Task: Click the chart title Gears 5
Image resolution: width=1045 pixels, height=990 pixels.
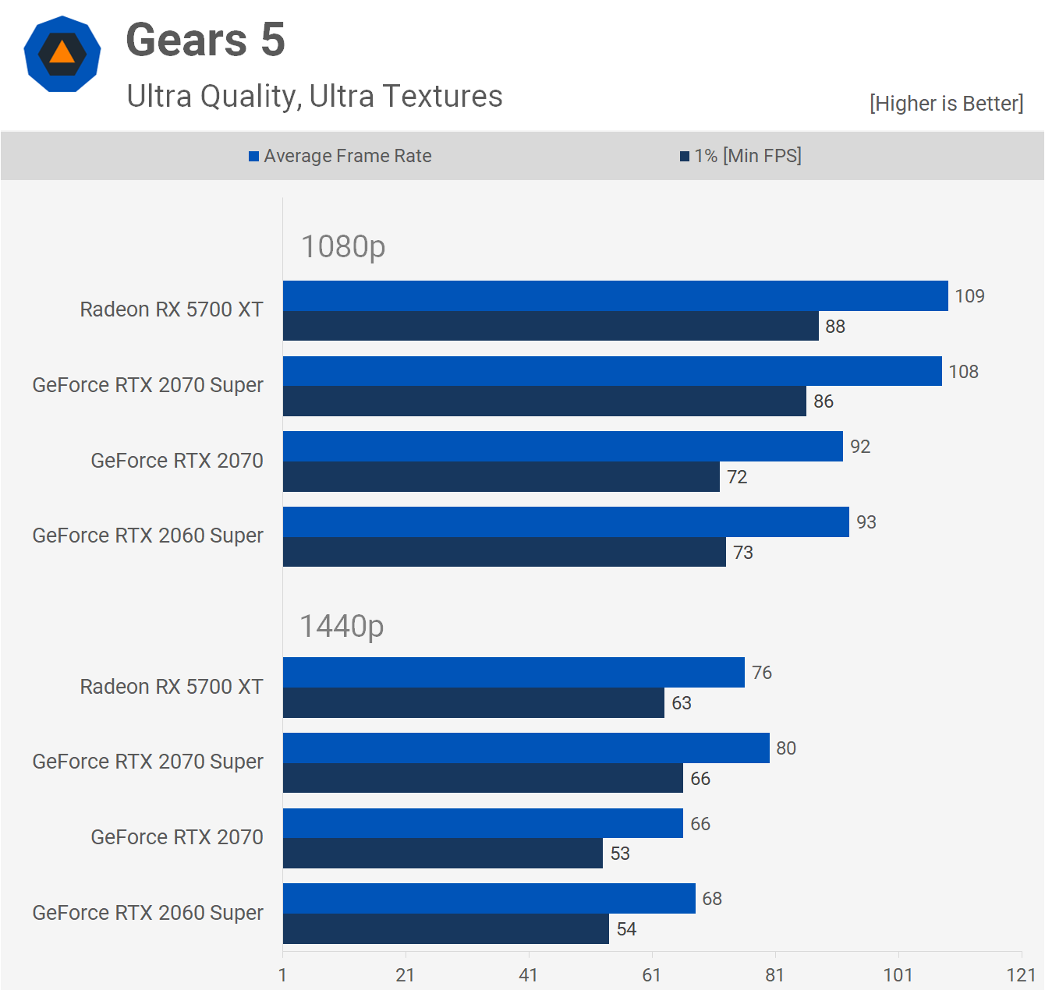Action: tap(205, 41)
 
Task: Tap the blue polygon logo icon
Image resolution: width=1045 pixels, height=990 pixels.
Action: tap(62, 54)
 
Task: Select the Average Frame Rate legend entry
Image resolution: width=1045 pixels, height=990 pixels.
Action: tap(340, 156)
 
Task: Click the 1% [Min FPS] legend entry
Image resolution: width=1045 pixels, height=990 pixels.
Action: tap(740, 156)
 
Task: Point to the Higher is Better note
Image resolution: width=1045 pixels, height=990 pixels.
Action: tap(946, 104)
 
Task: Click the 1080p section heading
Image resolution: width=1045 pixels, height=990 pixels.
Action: tap(343, 247)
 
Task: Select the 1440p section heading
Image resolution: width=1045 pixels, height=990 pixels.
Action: tap(342, 626)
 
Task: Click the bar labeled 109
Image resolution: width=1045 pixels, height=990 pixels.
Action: tap(615, 296)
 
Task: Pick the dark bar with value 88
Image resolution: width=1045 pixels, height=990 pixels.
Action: tap(550, 326)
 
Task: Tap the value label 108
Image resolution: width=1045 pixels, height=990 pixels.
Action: tap(963, 372)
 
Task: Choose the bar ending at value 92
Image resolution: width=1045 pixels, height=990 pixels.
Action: tap(561, 447)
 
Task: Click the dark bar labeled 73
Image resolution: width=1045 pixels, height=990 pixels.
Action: tap(504, 552)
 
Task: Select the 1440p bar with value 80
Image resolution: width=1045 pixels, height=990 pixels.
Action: tap(526, 748)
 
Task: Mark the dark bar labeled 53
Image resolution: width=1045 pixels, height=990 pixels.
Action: tap(442, 854)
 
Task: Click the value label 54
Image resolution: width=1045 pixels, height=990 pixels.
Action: tap(626, 929)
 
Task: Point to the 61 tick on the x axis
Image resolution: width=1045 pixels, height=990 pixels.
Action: tap(651, 974)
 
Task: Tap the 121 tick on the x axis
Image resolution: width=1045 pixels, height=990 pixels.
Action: tap(1021, 974)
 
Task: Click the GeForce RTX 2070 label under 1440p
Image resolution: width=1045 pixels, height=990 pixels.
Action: tap(177, 837)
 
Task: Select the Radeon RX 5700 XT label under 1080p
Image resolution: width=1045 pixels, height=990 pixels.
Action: tap(172, 309)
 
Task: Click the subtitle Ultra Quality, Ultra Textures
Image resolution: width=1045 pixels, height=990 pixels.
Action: tap(314, 97)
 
